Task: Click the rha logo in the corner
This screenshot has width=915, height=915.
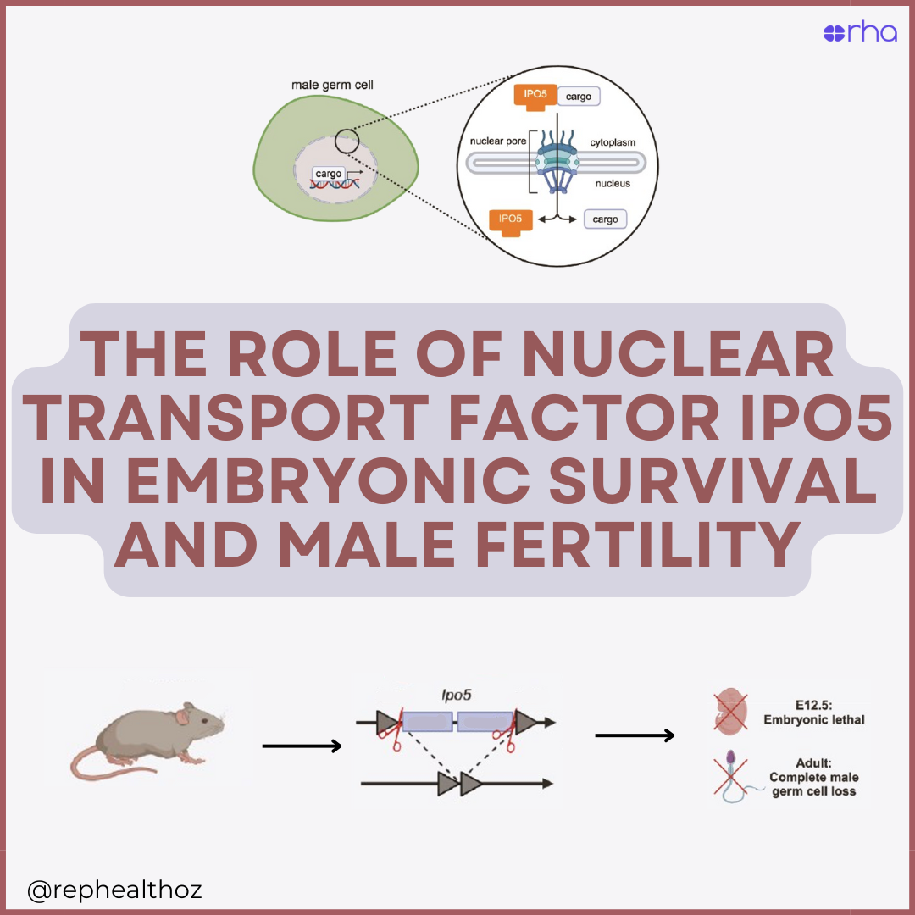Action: (x=859, y=33)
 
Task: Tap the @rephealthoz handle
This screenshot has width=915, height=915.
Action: (x=114, y=890)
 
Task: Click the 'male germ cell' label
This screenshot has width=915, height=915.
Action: (x=332, y=85)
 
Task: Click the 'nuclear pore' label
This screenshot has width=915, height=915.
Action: (x=498, y=141)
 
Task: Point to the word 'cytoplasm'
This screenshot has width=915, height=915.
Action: (x=613, y=142)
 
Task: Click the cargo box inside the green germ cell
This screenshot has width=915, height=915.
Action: (x=328, y=174)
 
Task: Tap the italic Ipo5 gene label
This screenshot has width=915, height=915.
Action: (x=456, y=695)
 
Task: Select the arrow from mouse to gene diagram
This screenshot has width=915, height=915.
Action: (x=302, y=746)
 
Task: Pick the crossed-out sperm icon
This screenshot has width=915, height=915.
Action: (x=730, y=777)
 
